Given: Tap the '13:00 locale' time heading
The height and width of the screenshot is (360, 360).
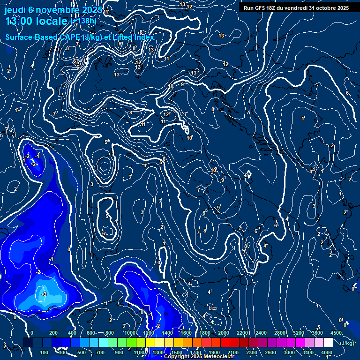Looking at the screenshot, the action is coord(37,21).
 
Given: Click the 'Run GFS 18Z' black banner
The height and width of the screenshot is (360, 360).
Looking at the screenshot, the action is coord(296,7).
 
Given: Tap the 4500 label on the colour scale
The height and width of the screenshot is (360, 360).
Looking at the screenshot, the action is coord(336,333).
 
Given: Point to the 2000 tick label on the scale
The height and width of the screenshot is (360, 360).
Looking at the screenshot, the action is coord(223,333).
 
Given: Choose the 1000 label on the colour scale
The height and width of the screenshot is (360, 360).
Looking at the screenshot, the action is coord(129,333).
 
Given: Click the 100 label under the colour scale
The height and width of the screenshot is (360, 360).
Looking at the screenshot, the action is coord(44,352).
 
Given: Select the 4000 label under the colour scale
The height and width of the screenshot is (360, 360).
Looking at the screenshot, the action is coord(327,352).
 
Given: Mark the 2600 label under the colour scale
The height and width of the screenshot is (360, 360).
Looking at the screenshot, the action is coord(270,352).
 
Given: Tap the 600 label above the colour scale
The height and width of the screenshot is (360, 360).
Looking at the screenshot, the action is coord(91,333).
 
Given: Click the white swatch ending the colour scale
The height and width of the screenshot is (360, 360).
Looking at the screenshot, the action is coord(328,343).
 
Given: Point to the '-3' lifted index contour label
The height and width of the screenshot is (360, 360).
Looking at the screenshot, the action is coord(44,294).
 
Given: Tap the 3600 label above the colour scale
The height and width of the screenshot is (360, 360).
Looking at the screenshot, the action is coord(317,333).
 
